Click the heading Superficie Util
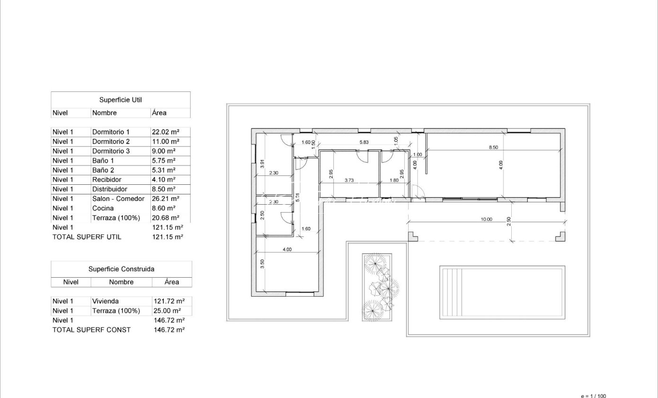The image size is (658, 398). [120, 100]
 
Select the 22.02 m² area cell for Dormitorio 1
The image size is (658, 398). [165, 132]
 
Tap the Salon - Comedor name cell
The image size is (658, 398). [118, 199]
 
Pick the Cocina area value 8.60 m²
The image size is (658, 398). [164, 208]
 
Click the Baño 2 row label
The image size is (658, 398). [103, 170]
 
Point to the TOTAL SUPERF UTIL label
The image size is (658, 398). [87, 237]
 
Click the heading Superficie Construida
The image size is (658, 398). [121, 269]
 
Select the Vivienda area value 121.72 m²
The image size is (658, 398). [169, 301]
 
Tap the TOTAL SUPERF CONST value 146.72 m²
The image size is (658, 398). [169, 330]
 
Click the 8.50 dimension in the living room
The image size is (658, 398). [493, 147]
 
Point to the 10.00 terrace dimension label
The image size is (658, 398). [487, 219]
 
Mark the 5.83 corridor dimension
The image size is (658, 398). [364, 142]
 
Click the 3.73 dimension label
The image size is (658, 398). [349, 180]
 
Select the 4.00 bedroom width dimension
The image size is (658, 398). [287, 250]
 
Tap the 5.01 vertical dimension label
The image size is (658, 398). [297, 197]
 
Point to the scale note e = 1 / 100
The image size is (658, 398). [593, 396]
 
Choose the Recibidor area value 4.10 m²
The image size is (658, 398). [164, 180]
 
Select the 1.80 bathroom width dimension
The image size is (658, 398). [394, 180]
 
